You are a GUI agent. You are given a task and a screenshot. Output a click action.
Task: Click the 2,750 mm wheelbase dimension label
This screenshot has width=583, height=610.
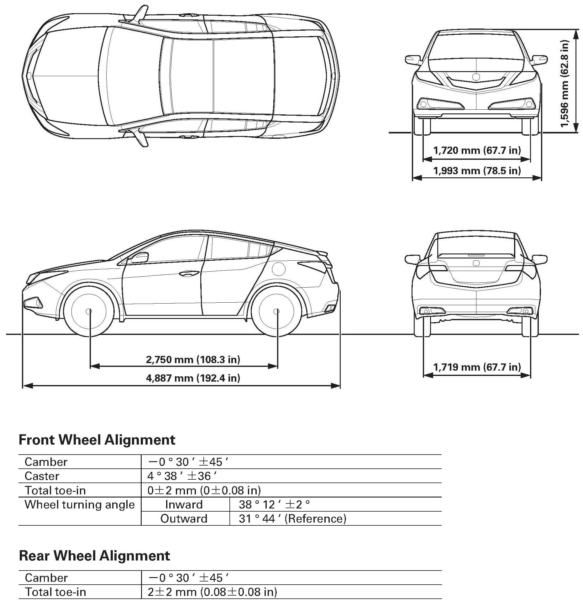pyautogui.click(x=193, y=359)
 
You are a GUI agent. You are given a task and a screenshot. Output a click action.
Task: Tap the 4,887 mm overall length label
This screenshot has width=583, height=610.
pyautogui.click(x=193, y=378)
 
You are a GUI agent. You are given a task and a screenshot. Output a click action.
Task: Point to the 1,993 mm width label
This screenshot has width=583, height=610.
pyautogui.click(x=477, y=171)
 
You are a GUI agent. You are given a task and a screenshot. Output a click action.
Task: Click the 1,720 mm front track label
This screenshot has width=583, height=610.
pyautogui.click(x=477, y=150)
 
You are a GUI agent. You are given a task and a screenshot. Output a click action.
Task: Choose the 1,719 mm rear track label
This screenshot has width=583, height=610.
pyautogui.click(x=477, y=367)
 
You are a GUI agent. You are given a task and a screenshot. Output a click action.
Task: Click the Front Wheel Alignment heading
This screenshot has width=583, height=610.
pyautogui.click(x=97, y=440)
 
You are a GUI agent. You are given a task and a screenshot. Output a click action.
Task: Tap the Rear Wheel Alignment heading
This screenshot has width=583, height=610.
pyautogui.click(x=94, y=556)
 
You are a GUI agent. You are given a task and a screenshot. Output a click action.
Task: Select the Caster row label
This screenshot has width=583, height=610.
pyautogui.click(x=42, y=476)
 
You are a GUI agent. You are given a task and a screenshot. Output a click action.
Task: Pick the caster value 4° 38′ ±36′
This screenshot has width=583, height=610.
pyautogui.click(x=182, y=476)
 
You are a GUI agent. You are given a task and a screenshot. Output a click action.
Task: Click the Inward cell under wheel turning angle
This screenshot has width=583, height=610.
pyautogui.click(x=184, y=505)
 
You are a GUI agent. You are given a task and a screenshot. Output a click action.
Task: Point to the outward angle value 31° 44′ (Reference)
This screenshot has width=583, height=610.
pyautogui.click(x=292, y=519)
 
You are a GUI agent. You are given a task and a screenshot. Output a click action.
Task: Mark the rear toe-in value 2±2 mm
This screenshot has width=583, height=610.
pyautogui.click(x=212, y=592)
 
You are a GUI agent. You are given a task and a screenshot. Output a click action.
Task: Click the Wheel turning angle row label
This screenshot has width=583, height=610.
pyautogui.click(x=80, y=505)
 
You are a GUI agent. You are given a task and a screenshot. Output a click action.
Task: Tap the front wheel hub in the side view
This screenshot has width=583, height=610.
pyautogui.click(x=89, y=311)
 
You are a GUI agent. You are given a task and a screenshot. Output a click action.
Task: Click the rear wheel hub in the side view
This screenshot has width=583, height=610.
pyautogui.click(x=276, y=311)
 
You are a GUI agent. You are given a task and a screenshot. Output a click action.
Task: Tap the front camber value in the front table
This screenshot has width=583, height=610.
pyautogui.click(x=188, y=462)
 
